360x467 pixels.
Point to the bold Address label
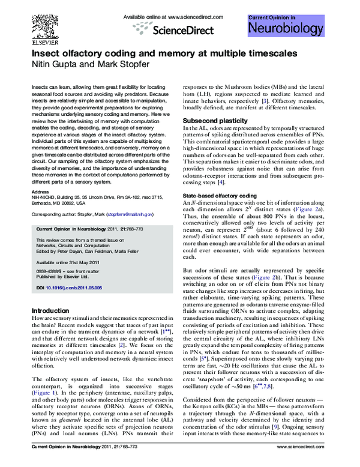(x=40, y=192)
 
